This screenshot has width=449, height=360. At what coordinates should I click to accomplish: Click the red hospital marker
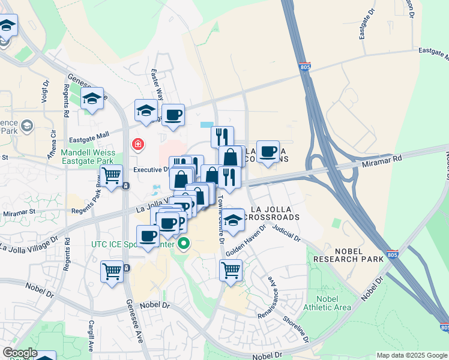pyautogui.click(x=138, y=145)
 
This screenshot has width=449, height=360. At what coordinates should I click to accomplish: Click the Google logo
pyautogui.click(x=19, y=353)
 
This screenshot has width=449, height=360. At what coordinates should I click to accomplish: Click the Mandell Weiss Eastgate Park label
pyautogui.click(x=88, y=157)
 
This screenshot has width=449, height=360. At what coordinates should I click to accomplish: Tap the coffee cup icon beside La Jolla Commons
pyautogui.click(x=268, y=151)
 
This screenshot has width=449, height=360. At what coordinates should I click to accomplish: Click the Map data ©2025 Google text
pyautogui.click(x=411, y=355)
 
